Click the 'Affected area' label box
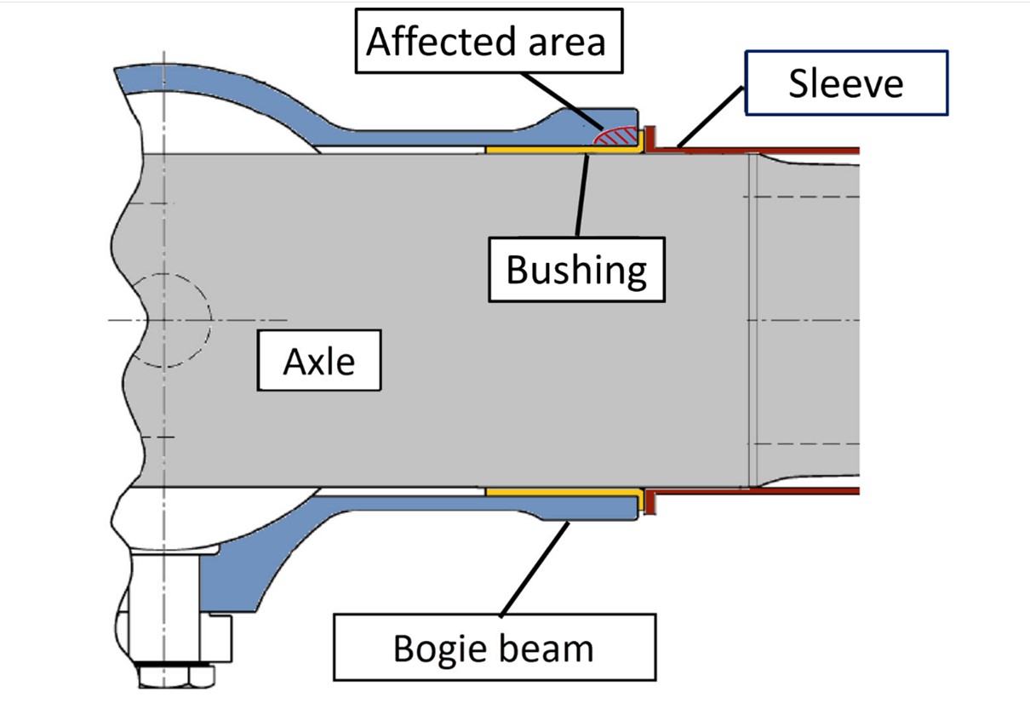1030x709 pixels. click(x=486, y=40)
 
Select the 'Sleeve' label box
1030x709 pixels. click(x=845, y=83)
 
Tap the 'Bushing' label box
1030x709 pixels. click(x=576, y=269)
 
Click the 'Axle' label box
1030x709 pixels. click(x=319, y=362)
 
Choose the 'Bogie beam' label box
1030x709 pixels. click(x=493, y=649)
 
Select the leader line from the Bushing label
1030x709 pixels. click(x=582, y=196)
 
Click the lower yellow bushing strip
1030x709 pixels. click(x=553, y=492)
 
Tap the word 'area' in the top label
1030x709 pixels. click(x=566, y=40)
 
